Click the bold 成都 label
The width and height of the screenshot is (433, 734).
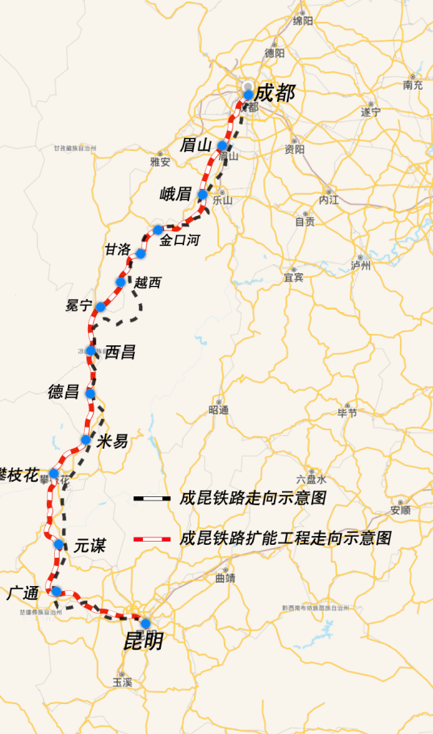click(x=275, y=93)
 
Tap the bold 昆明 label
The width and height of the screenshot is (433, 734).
click(x=143, y=641)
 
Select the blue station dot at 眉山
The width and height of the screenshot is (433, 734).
click(x=222, y=146)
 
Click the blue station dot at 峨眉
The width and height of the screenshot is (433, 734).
click(x=203, y=195)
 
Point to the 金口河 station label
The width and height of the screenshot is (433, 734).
click(x=179, y=240)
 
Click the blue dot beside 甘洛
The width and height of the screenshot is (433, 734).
click(x=141, y=254)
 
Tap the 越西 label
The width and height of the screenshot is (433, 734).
click(x=148, y=282)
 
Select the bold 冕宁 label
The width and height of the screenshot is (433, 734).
click(x=79, y=306)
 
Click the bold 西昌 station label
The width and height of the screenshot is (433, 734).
click(x=120, y=352)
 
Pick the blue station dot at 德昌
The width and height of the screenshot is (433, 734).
click(x=90, y=394)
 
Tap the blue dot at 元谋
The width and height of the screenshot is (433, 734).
click(x=59, y=544)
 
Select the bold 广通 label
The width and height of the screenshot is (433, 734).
click(x=23, y=593)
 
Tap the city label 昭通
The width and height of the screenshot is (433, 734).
click(x=219, y=410)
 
